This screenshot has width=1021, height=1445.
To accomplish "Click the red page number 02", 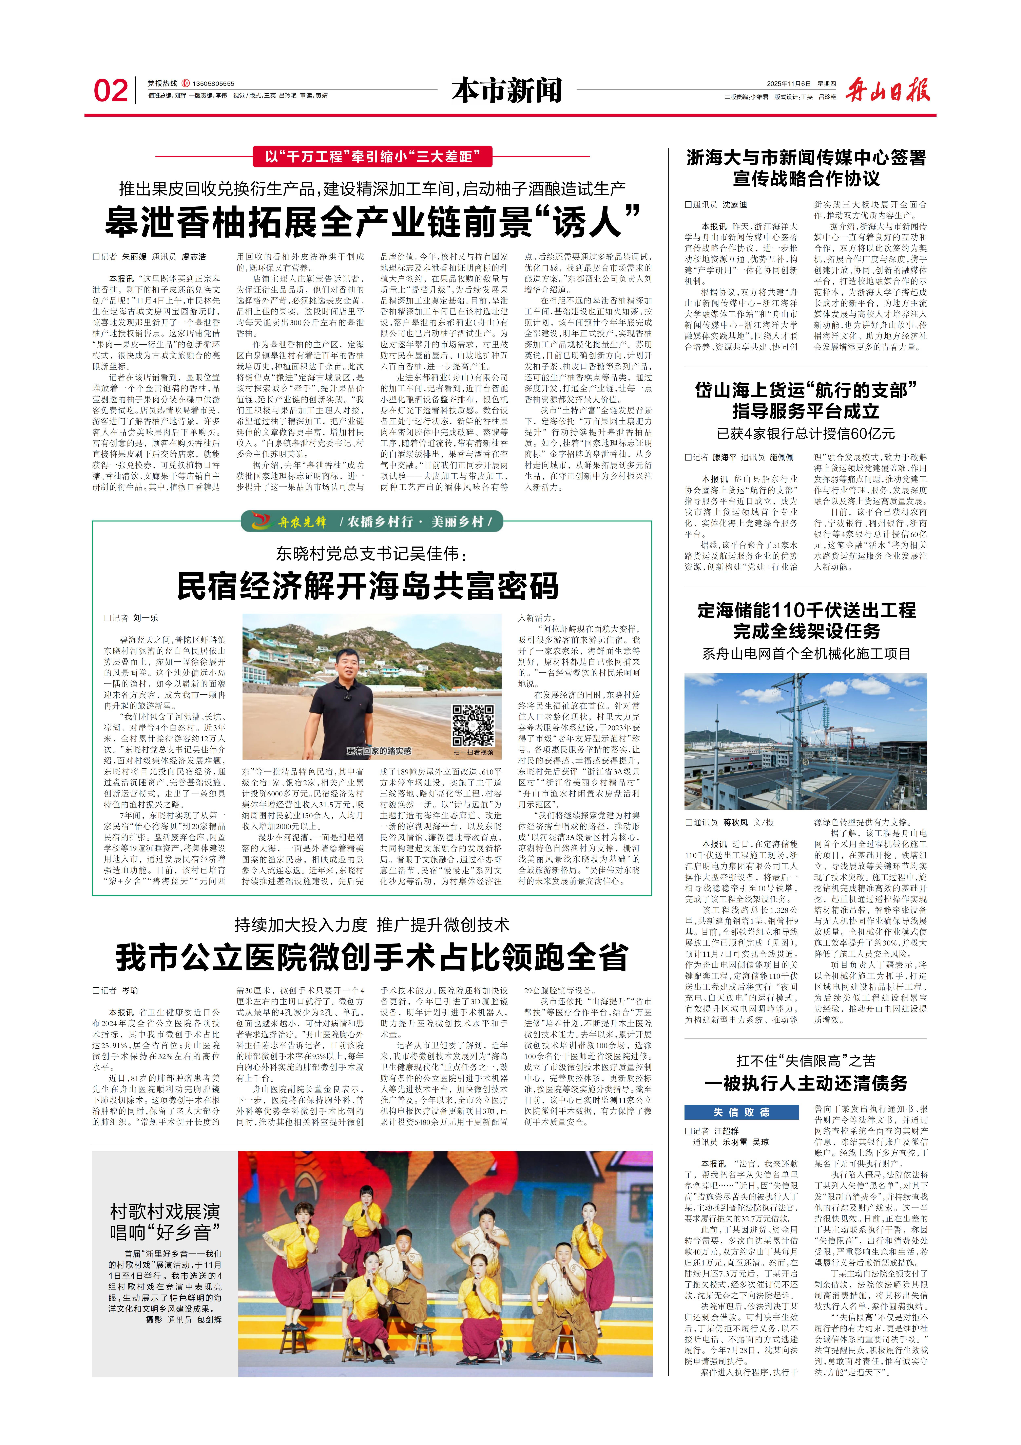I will [x=111, y=91].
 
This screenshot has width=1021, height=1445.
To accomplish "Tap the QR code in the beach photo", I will [x=473, y=725].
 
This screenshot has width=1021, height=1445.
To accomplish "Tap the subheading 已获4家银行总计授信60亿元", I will [x=806, y=434].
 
